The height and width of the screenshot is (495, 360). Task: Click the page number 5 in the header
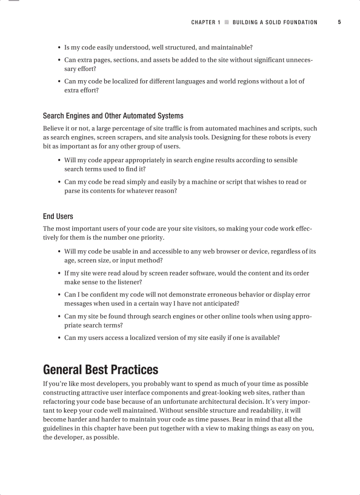339,22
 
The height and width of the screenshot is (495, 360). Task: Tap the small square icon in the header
227,22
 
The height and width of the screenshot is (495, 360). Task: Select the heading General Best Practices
101,369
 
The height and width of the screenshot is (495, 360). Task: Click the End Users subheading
58,216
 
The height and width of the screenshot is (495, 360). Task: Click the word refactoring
60,402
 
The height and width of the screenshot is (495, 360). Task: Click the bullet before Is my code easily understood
59,48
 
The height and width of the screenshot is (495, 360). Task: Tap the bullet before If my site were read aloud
59,273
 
